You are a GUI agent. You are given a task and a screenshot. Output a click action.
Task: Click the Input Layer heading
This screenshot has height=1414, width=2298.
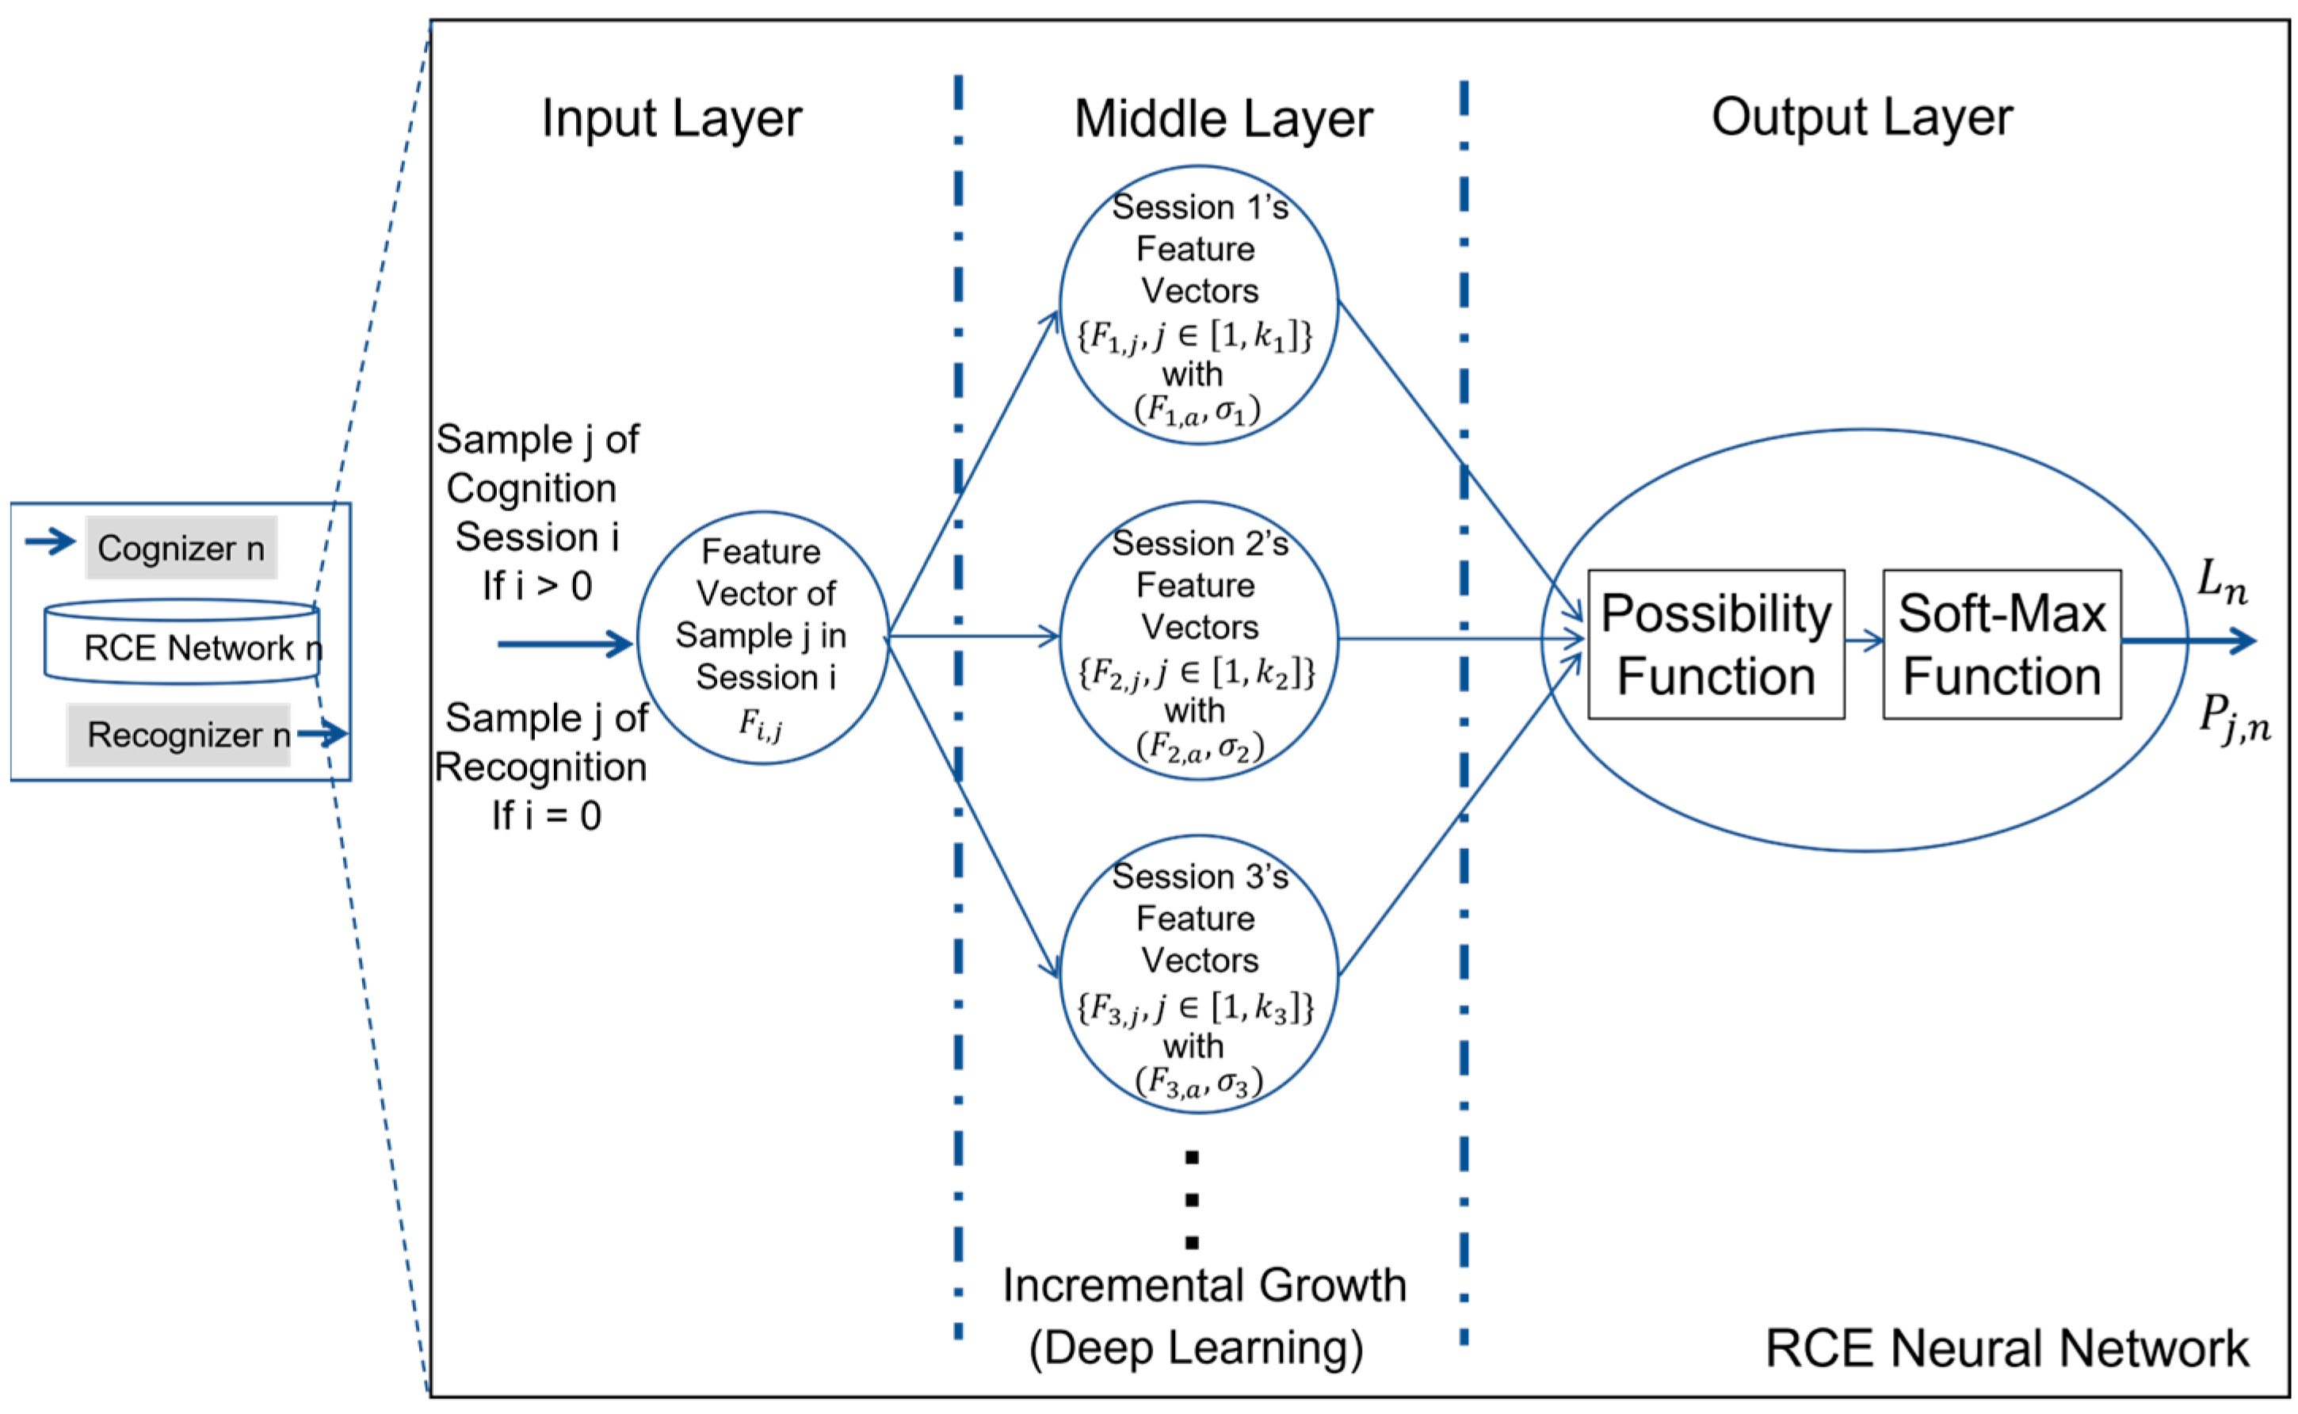[x=671, y=119]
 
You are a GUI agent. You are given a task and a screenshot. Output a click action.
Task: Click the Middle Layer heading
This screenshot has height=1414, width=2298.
[x=1223, y=119]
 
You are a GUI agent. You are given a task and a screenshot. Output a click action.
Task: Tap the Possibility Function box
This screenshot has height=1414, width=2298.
[x=1716, y=644]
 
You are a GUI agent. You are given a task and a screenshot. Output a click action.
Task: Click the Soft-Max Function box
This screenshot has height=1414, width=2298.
[x=2001, y=644]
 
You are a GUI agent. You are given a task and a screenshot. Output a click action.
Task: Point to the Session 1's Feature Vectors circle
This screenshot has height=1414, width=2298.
[x=1199, y=305]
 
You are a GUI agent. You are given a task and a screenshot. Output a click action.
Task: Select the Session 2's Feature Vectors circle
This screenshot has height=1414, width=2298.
[x=1199, y=641]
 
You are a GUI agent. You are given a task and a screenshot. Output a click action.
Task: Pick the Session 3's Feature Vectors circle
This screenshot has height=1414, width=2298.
[x=1199, y=974]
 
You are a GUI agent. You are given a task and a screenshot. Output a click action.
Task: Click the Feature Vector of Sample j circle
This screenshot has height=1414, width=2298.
[x=763, y=638]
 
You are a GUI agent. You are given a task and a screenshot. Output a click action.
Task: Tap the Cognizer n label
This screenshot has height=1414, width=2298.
[x=181, y=548]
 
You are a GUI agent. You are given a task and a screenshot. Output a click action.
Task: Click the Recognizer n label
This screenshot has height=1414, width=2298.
[x=187, y=735]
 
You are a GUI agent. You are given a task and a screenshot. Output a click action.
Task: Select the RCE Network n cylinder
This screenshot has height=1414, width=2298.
[x=183, y=645]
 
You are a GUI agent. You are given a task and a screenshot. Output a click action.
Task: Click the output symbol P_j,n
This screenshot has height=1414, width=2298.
[x=2232, y=718]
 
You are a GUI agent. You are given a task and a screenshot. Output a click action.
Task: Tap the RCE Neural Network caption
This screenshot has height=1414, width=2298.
[x=2006, y=1348]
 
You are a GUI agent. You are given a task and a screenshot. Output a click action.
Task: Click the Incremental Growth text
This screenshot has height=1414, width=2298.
[x=1203, y=1286]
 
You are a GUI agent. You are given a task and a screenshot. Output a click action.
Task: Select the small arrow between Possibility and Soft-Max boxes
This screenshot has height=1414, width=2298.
[x=1863, y=641]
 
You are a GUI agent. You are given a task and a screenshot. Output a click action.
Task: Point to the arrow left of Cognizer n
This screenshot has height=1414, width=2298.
[x=50, y=541]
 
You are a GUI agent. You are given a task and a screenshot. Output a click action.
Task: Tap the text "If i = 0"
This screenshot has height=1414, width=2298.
[x=546, y=816]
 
